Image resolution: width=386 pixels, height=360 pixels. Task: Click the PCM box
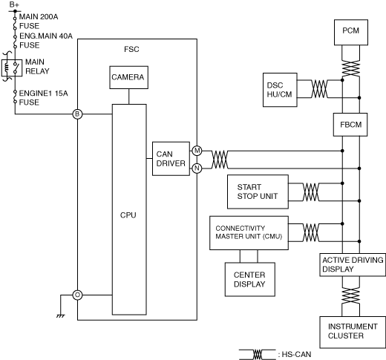coord(351,33)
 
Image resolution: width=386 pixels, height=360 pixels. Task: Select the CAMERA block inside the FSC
coord(128,77)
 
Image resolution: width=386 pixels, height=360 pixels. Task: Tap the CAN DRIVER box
coord(171,159)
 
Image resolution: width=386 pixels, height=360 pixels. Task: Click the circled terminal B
coord(77,114)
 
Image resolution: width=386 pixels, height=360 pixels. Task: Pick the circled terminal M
coord(197,151)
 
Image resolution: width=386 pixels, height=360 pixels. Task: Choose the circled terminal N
coord(197,168)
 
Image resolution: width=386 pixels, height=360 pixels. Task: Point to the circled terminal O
coord(77,295)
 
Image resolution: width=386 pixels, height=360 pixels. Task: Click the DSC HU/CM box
coord(280,90)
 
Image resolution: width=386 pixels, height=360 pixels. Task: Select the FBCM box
coord(350,125)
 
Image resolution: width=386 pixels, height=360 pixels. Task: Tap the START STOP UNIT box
coord(258,192)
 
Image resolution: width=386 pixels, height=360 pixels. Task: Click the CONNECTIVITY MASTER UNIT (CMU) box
coord(249,233)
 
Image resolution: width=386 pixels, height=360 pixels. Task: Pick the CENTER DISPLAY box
coord(250,279)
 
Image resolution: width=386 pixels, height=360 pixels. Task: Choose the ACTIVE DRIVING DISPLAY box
coord(353,264)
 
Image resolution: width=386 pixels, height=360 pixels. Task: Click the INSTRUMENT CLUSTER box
coord(353,332)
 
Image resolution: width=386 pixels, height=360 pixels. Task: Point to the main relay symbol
coord(12,68)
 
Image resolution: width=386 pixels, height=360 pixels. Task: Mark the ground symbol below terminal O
coord(60,316)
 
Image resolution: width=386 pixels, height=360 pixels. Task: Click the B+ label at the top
coord(14,4)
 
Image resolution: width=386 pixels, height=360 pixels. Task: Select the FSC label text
coord(131,49)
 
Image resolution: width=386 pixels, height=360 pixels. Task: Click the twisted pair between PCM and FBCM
coord(350,68)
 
